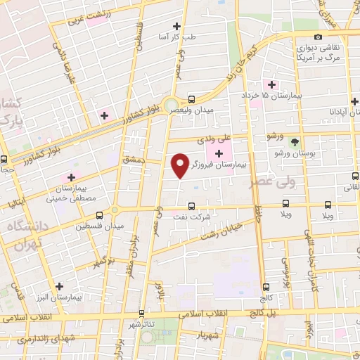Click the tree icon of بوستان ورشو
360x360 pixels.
(x=295, y=141)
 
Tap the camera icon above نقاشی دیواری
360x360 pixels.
(x=318, y=37)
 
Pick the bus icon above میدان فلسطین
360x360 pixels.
(x=100, y=214)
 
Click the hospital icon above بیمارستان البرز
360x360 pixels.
(x=59, y=286)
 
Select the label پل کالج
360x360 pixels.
(x=252, y=314)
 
